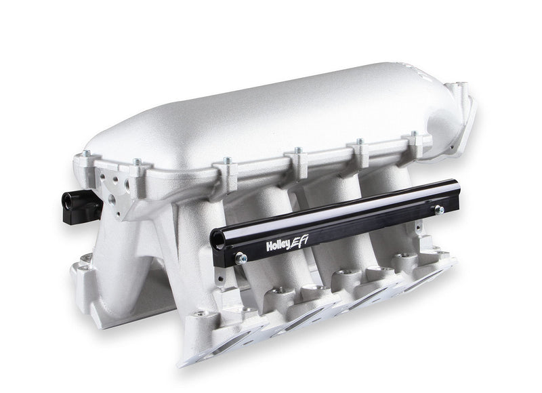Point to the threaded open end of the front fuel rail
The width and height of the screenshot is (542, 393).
tap(219, 238)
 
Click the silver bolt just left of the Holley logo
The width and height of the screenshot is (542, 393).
tap(241, 258)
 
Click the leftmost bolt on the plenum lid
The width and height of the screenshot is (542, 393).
tap(86, 155)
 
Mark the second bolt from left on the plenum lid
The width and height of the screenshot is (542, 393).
tap(137, 163)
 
